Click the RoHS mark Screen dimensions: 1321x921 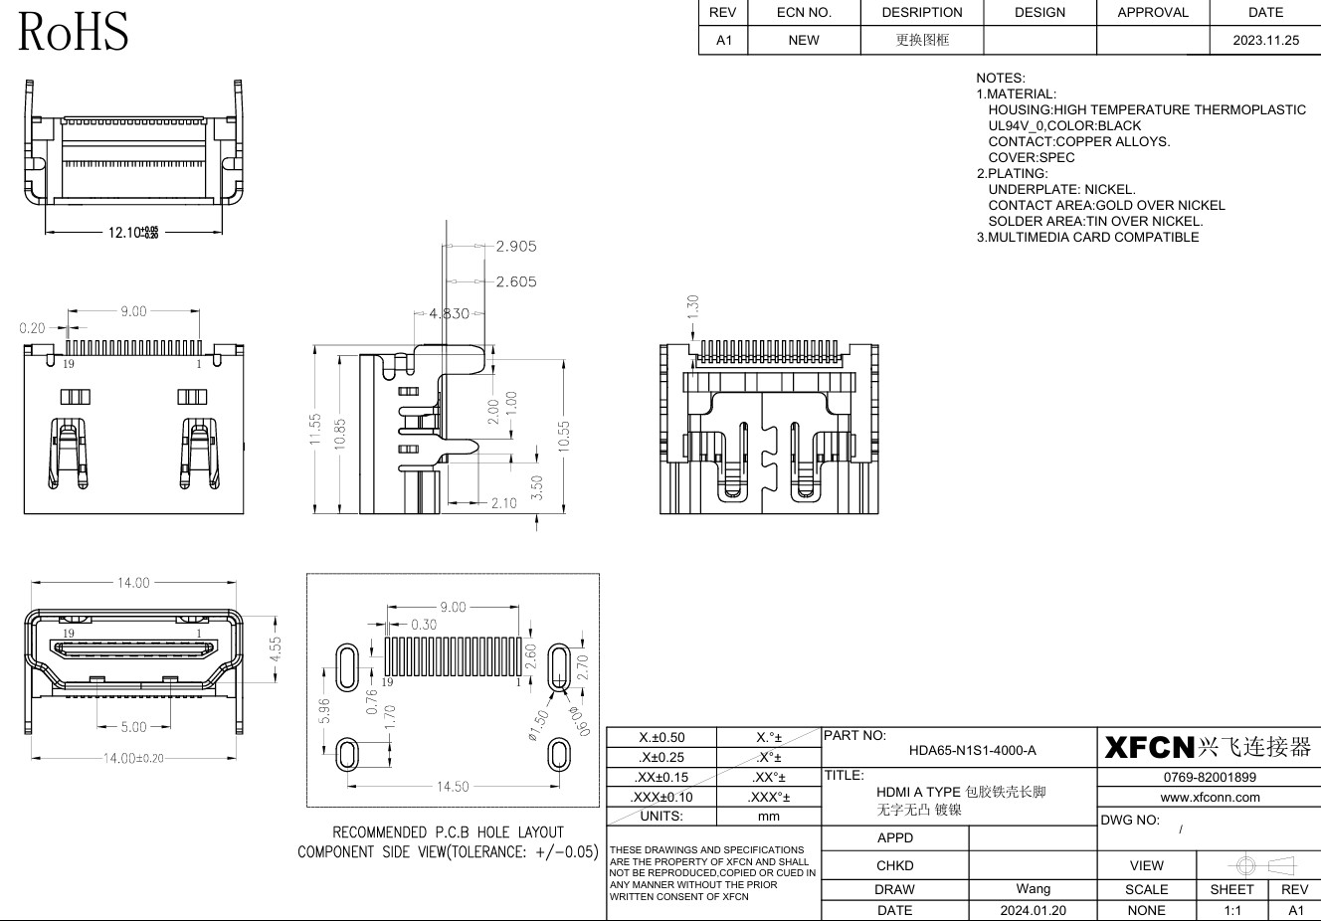[74, 31]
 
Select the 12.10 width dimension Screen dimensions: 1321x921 [133, 233]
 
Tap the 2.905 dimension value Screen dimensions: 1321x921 [516, 246]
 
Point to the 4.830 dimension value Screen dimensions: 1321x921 [450, 313]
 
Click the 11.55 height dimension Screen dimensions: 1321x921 [315, 430]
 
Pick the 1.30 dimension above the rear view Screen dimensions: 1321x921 [693, 306]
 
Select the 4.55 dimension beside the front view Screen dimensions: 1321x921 [276, 649]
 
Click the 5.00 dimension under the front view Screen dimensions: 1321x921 [134, 727]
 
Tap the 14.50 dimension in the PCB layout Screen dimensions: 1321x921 [453, 787]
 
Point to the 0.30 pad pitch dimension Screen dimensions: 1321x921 [424, 625]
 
